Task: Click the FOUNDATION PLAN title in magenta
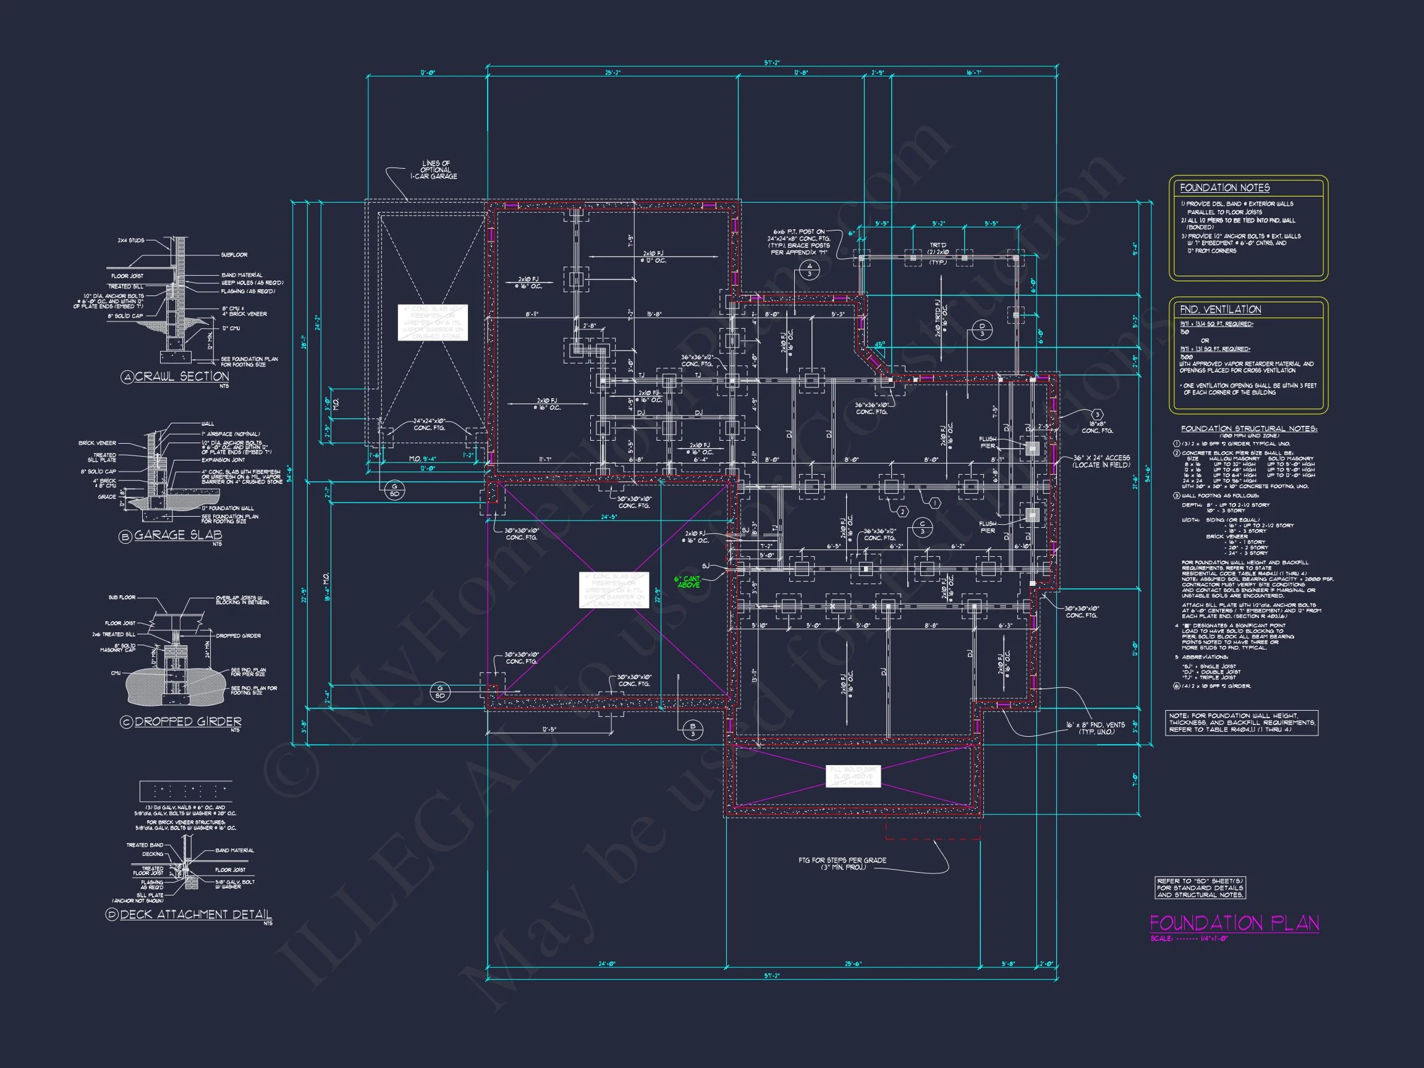point(1234,923)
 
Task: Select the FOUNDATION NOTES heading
point(1224,188)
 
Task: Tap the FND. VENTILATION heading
point(1220,310)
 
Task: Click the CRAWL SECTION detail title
point(181,376)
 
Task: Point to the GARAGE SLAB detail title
point(177,535)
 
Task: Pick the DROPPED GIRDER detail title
point(187,722)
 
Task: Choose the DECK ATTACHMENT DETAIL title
point(195,914)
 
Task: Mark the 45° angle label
point(879,344)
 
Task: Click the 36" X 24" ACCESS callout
point(1101,461)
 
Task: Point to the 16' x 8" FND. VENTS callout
point(1095,728)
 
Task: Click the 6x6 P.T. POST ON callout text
point(799,232)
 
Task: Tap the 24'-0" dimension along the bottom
point(606,964)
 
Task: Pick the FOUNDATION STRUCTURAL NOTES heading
point(1248,429)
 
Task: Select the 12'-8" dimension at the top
point(800,74)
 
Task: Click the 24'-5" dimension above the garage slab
point(609,517)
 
